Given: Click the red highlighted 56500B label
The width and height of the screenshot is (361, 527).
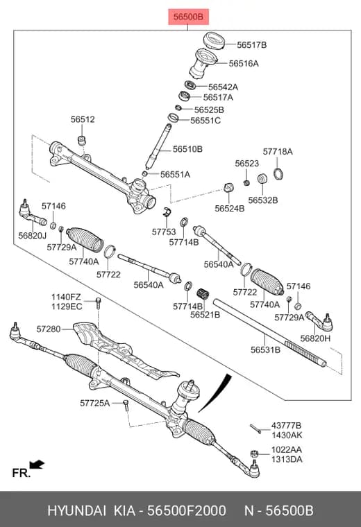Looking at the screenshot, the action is [x=188, y=17].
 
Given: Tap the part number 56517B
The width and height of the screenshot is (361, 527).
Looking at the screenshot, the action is [x=251, y=44].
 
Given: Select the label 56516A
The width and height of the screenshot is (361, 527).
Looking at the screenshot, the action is [x=244, y=63].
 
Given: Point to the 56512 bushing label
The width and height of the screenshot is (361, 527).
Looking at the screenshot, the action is [x=83, y=119].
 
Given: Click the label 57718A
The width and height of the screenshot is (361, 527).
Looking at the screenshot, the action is [x=278, y=152].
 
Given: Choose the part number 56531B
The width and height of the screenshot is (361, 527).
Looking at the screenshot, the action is [x=265, y=350].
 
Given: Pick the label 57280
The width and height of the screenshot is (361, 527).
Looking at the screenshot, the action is [x=49, y=329].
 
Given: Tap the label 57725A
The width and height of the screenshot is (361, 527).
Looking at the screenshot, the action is [x=95, y=403].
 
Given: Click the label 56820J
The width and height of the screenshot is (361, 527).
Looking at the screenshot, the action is [x=33, y=235].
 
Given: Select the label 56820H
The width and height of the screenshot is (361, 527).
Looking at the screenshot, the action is [x=315, y=338].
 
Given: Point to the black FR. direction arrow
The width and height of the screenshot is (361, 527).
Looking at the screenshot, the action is [x=37, y=465].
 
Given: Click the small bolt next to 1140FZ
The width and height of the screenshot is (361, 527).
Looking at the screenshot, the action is [x=99, y=303].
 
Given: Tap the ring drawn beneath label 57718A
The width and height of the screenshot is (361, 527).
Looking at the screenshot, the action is [x=278, y=173].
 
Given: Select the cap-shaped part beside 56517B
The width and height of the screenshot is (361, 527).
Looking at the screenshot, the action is [x=215, y=41].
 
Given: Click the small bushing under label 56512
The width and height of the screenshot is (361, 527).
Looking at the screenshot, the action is [x=81, y=140].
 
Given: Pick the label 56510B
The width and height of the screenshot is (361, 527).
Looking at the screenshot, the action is [x=187, y=149].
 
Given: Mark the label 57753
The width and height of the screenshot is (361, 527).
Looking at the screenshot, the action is [x=164, y=232].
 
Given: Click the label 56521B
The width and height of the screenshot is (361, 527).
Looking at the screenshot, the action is [x=205, y=315].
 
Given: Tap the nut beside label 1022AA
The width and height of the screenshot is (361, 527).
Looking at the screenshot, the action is [x=254, y=454].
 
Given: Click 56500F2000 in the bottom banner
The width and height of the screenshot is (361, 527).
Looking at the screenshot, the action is [x=187, y=510].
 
